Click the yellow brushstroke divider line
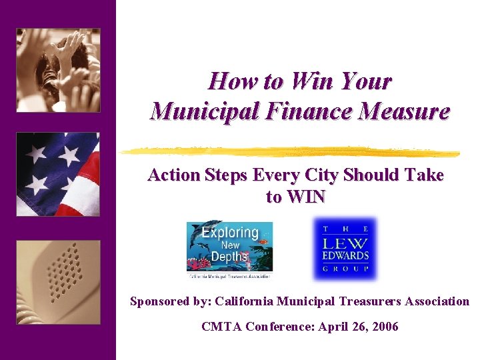click(x=293, y=151)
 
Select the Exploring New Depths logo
click(x=229, y=248)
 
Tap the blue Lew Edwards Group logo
click(x=345, y=248)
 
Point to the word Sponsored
click(x=160, y=301)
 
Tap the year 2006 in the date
click(x=385, y=327)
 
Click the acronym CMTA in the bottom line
click(x=222, y=327)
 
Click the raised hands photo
click(x=58, y=69)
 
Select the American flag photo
click(x=58, y=174)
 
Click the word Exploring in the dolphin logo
click(x=229, y=233)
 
